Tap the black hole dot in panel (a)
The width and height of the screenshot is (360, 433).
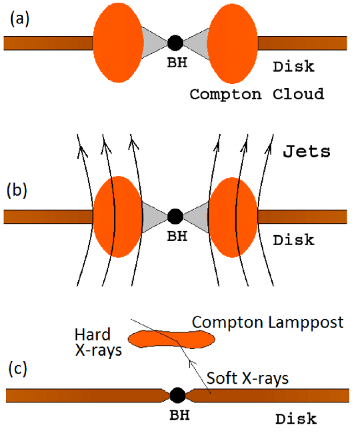click(x=175, y=43)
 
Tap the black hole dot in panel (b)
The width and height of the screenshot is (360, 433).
click(x=175, y=216)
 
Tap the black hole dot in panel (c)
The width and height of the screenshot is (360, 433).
click(x=177, y=395)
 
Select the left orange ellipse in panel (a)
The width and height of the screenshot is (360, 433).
click(x=117, y=43)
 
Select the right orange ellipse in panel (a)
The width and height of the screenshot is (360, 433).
click(x=233, y=43)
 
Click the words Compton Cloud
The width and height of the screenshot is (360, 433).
click(x=257, y=94)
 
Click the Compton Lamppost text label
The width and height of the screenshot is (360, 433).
click(x=268, y=322)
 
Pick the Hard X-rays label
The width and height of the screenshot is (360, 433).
click(x=97, y=342)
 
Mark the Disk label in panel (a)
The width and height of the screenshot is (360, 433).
click(x=293, y=67)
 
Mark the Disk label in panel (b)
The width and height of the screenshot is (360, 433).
click(x=293, y=240)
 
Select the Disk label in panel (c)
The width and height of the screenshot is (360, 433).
click(x=296, y=420)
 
